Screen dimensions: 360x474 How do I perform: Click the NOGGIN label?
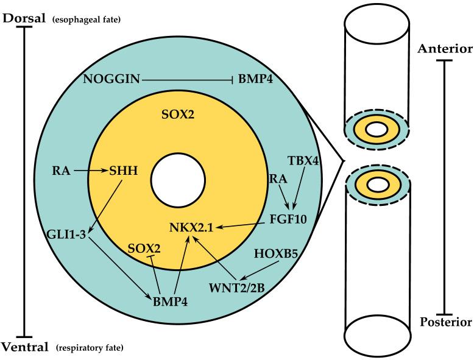click(111, 79)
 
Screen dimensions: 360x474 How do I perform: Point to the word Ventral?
click(26, 348)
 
